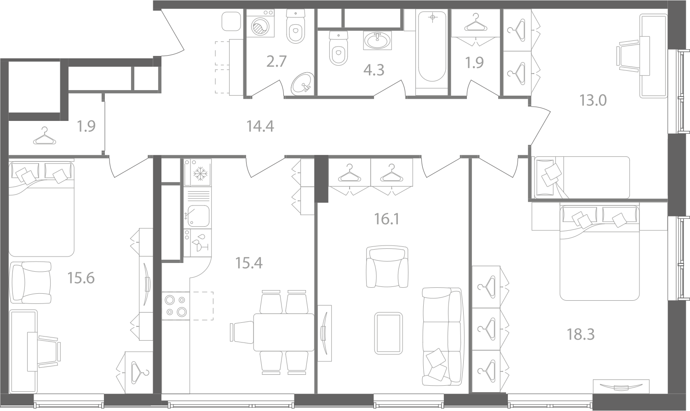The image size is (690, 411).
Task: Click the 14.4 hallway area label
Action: (260, 126)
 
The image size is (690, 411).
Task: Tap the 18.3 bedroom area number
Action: (581, 334)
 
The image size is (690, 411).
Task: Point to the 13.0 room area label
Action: (593, 100)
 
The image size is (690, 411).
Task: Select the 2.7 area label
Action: (276, 61)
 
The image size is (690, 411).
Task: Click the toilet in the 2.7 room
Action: (296, 26)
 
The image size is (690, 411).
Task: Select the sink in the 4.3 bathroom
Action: (378, 40)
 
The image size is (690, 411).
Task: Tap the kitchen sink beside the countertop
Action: (197, 216)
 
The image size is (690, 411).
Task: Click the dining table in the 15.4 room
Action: (284, 332)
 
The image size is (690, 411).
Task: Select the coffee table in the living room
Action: (388, 333)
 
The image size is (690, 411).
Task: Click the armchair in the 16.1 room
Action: (387, 267)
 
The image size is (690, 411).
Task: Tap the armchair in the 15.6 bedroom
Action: (30, 283)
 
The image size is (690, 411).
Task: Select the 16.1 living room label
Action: (386, 219)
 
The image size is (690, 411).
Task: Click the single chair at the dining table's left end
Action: (242, 332)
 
